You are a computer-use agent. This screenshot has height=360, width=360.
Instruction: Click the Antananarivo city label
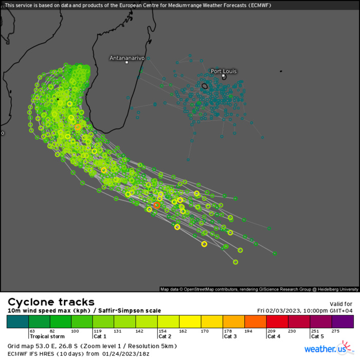pos(127,58)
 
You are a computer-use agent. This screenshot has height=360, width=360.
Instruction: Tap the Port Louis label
pos(224,71)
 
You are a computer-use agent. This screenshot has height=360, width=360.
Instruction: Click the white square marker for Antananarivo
pos(127,63)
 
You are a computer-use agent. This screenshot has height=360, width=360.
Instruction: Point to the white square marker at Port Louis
pos(223,76)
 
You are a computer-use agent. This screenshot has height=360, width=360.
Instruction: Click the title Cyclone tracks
pos(51,302)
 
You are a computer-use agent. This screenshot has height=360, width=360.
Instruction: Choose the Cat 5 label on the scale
pos(317,336)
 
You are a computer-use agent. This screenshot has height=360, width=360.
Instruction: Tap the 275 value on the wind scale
pos(336,331)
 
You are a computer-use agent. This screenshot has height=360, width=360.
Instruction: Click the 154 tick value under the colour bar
pos(163,331)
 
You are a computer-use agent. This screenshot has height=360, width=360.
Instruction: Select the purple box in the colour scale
pos(343,321)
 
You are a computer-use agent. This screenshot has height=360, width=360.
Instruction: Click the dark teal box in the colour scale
pos(17,321)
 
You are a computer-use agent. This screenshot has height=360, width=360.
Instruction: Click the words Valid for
pos(341,304)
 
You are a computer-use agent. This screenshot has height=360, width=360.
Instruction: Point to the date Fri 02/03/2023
pos(282,311)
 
